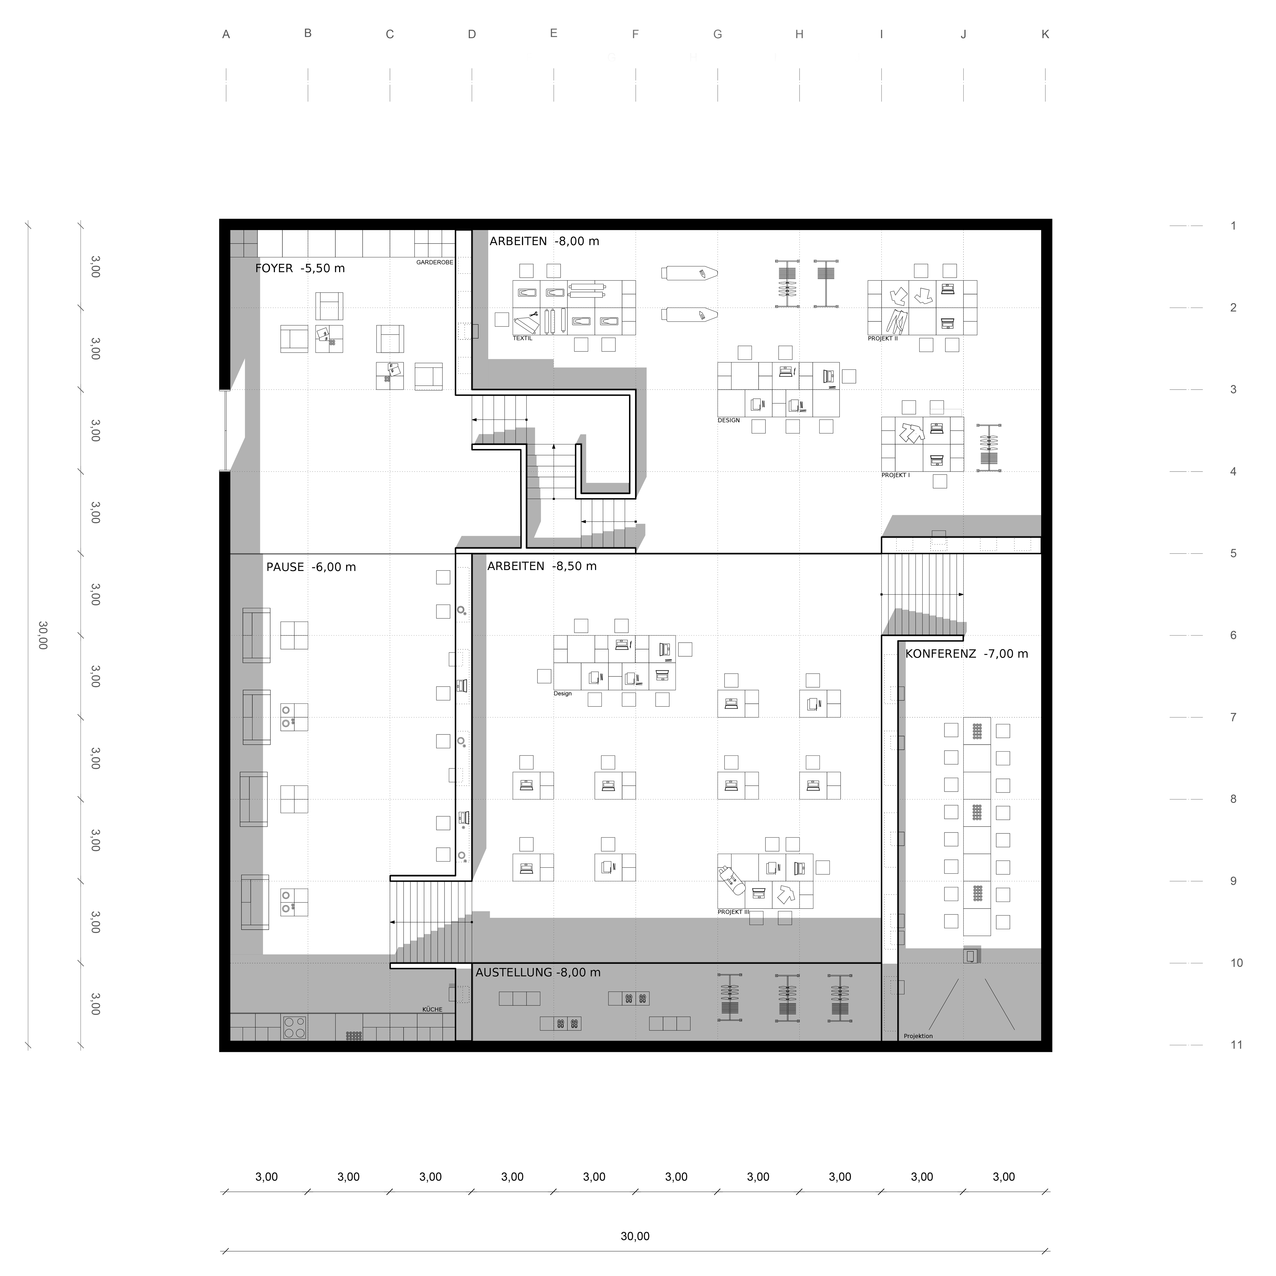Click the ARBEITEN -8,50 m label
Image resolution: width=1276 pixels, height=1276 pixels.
[542, 566]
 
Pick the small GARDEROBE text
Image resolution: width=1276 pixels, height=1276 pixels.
[435, 262]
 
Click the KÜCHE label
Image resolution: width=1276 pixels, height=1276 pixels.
[433, 1009]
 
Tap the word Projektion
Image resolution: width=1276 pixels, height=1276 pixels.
[918, 1036]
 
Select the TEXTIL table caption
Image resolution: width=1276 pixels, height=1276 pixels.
[522, 338]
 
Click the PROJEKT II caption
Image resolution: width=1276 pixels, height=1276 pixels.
[883, 338]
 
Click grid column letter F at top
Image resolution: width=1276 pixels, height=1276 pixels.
[635, 34]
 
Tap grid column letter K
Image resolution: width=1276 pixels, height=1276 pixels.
[1045, 34]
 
